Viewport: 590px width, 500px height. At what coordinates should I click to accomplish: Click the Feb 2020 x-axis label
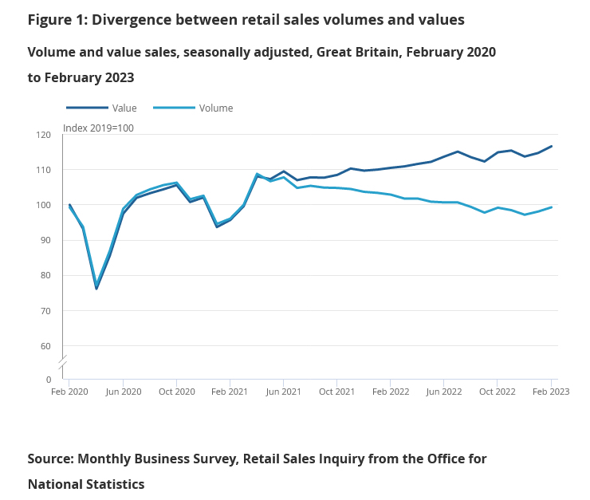69,392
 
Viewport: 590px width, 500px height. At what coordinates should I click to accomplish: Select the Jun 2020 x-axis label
123,392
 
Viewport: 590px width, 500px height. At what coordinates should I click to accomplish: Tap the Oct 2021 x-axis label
336,392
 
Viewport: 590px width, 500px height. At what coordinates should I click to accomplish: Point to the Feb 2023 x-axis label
551,392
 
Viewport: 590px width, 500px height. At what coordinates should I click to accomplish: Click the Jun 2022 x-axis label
444,392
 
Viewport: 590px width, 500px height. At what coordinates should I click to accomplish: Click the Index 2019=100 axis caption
98,128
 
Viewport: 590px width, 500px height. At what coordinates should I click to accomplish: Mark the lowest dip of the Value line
96,289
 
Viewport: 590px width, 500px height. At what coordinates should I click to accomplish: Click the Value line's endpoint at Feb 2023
552,146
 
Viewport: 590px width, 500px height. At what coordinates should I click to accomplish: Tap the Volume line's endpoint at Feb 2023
552,207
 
